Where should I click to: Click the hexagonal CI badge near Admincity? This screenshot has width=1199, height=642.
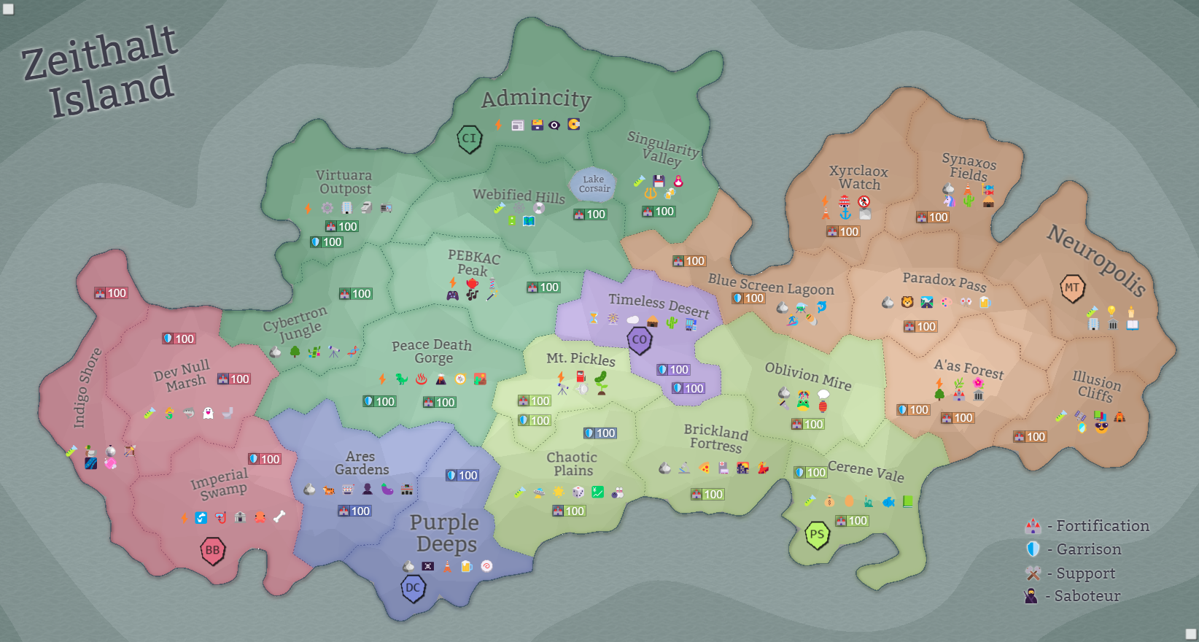pos(469,139)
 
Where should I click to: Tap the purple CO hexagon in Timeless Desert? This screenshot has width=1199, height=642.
pos(639,340)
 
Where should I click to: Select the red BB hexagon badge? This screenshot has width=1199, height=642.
pos(212,551)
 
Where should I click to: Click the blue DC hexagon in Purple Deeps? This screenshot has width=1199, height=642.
pos(413,588)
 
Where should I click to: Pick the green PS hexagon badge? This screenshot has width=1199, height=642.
pos(817,535)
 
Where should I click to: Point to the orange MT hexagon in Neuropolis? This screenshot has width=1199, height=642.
pos(1072,288)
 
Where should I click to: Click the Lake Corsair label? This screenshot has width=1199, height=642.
pos(594,184)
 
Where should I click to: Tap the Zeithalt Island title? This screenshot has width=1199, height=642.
pos(101,71)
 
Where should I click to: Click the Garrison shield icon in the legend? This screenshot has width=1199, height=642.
pos(1033,549)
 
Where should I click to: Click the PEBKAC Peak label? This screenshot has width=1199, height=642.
pos(473,263)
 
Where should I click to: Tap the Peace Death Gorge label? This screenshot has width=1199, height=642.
pos(432,351)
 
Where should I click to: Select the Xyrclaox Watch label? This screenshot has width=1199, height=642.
pos(858,177)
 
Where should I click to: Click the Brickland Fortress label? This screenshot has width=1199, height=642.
pos(716,438)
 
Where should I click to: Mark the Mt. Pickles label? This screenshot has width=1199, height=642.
pos(581,358)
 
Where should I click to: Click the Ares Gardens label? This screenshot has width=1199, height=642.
pos(361,463)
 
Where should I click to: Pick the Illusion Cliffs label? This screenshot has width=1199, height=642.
pos(1096,386)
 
